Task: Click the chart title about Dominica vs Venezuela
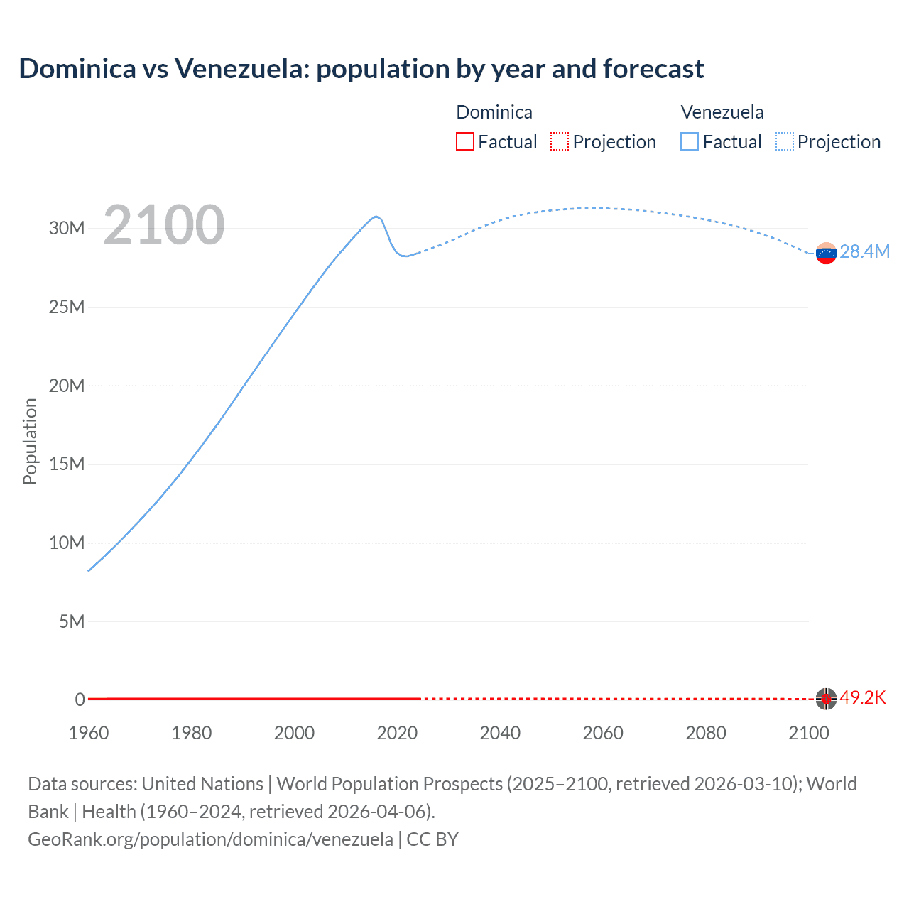(361, 69)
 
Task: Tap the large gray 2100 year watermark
(164, 225)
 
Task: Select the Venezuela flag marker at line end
(826, 253)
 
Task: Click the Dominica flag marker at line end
(826, 699)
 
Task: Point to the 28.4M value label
(864, 252)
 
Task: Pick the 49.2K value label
(863, 698)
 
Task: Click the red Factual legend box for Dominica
(465, 142)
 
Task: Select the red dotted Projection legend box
(560, 142)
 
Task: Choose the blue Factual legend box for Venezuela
(690, 142)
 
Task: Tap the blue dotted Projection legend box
(785, 142)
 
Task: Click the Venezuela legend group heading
(722, 112)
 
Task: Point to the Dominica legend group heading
(494, 112)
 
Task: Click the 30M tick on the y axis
(67, 229)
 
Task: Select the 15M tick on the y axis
(67, 464)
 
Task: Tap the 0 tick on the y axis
(80, 700)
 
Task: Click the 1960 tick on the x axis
(89, 734)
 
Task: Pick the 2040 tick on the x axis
(500, 734)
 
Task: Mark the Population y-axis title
(30, 441)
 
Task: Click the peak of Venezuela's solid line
(376, 216)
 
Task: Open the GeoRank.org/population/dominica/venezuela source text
(210, 839)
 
